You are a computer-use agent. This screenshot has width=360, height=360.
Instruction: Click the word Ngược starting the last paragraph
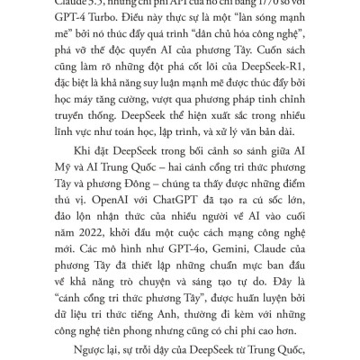click(86, 346)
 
